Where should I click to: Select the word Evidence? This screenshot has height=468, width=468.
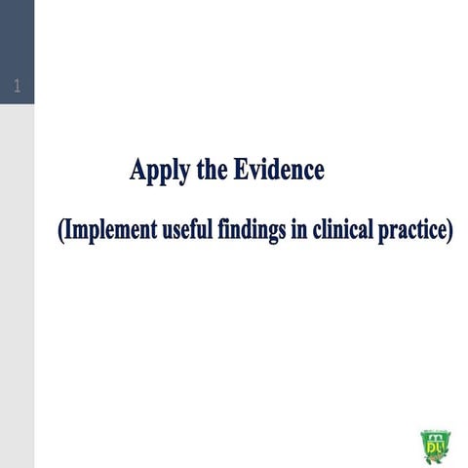point(278,171)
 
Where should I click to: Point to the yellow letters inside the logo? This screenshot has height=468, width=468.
point(434,448)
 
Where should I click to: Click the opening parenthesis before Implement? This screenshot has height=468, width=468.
point(60,232)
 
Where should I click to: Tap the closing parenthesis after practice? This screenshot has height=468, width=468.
point(449,232)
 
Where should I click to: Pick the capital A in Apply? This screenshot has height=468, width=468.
point(137,171)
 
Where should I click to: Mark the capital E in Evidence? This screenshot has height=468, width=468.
point(241,171)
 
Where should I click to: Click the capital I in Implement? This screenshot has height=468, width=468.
point(68,231)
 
